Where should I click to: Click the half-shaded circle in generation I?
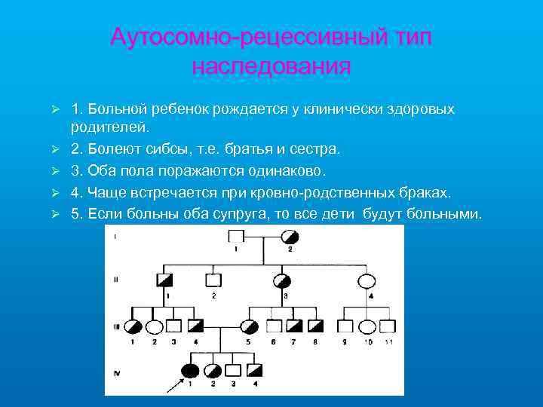click(x=289, y=236)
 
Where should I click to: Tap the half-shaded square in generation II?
click(x=166, y=280)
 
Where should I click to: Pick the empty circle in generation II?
click(x=367, y=280)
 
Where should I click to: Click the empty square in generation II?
click(x=213, y=280)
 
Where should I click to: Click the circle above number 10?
click(x=367, y=326)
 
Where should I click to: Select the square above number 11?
click(x=388, y=326)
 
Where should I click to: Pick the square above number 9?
click(x=345, y=326)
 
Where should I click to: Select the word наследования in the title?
click(x=271, y=66)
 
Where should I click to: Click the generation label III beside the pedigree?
click(x=116, y=326)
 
